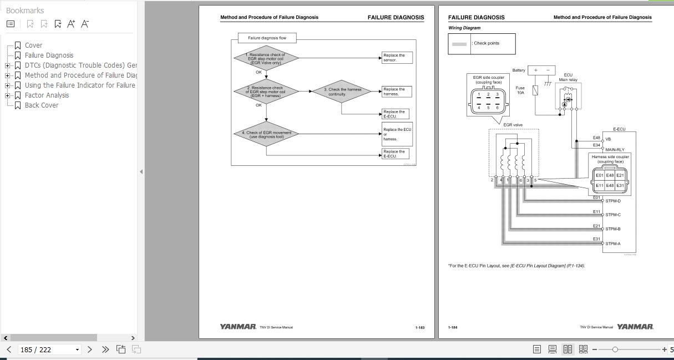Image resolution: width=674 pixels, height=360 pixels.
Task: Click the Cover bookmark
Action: pos(33,45)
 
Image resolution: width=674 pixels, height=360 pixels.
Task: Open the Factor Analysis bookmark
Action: pos(47,95)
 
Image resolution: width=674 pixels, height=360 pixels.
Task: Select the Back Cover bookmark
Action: pos(41,105)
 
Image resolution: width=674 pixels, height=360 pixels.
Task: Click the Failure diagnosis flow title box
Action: pos(267,38)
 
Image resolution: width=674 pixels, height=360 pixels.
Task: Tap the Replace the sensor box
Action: pos(397,58)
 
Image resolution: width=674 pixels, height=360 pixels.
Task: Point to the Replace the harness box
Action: pos(396,92)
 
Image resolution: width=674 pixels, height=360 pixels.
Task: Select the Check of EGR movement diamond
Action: pos(266,134)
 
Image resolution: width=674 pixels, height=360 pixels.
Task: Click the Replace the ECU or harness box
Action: pos(397,134)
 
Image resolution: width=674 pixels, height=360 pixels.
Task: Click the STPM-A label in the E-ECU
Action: pos(613,244)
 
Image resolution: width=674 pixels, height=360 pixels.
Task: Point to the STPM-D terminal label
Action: pos(613,201)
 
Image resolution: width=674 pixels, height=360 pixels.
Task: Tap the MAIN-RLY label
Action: pos(615,150)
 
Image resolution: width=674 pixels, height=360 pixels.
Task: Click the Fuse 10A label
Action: pos(520,90)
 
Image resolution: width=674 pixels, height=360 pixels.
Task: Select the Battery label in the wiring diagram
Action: pos(519,70)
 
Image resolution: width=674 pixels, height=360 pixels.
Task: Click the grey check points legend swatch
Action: pos(459,44)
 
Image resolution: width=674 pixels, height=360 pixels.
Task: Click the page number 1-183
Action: pos(420,328)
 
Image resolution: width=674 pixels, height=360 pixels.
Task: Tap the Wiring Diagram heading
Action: pos(464,28)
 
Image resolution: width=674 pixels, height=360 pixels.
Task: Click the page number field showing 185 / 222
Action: pos(49,349)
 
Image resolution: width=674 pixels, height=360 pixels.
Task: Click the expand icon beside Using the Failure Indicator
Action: pos(7,85)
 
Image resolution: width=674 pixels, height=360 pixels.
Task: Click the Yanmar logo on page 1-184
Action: pos(635,327)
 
